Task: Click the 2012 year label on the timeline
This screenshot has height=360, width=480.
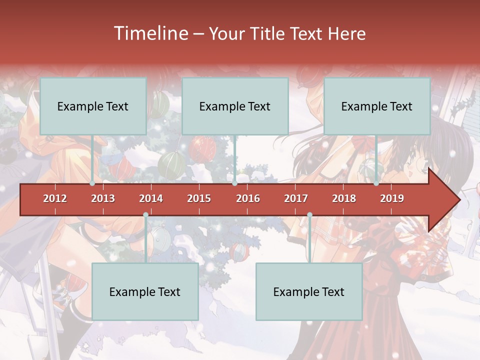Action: [55, 198]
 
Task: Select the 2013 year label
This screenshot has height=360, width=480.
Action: [103, 198]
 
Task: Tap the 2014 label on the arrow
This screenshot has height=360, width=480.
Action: [151, 198]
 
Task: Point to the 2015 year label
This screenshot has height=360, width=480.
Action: [199, 198]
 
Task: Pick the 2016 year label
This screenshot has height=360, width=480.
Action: [248, 198]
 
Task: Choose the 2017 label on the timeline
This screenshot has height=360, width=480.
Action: [296, 198]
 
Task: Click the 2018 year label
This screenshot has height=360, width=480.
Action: [344, 198]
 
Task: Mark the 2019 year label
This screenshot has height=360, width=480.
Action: [392, 198]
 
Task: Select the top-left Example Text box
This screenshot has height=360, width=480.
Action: [93, 106]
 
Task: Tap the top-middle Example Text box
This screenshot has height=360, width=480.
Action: [235, 106]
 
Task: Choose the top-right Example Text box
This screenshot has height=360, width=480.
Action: [377, 106]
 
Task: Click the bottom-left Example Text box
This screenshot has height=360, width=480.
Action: [145, 291]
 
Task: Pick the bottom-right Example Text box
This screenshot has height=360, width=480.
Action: [309, 291]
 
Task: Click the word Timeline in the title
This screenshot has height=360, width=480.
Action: [150, 33]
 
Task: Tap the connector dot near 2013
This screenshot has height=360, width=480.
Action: [92, 183]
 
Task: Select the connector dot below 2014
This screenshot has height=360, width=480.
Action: [145, 215]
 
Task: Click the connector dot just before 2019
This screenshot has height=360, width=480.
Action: [376, 183]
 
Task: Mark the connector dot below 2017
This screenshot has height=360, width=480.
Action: [309, 215]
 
